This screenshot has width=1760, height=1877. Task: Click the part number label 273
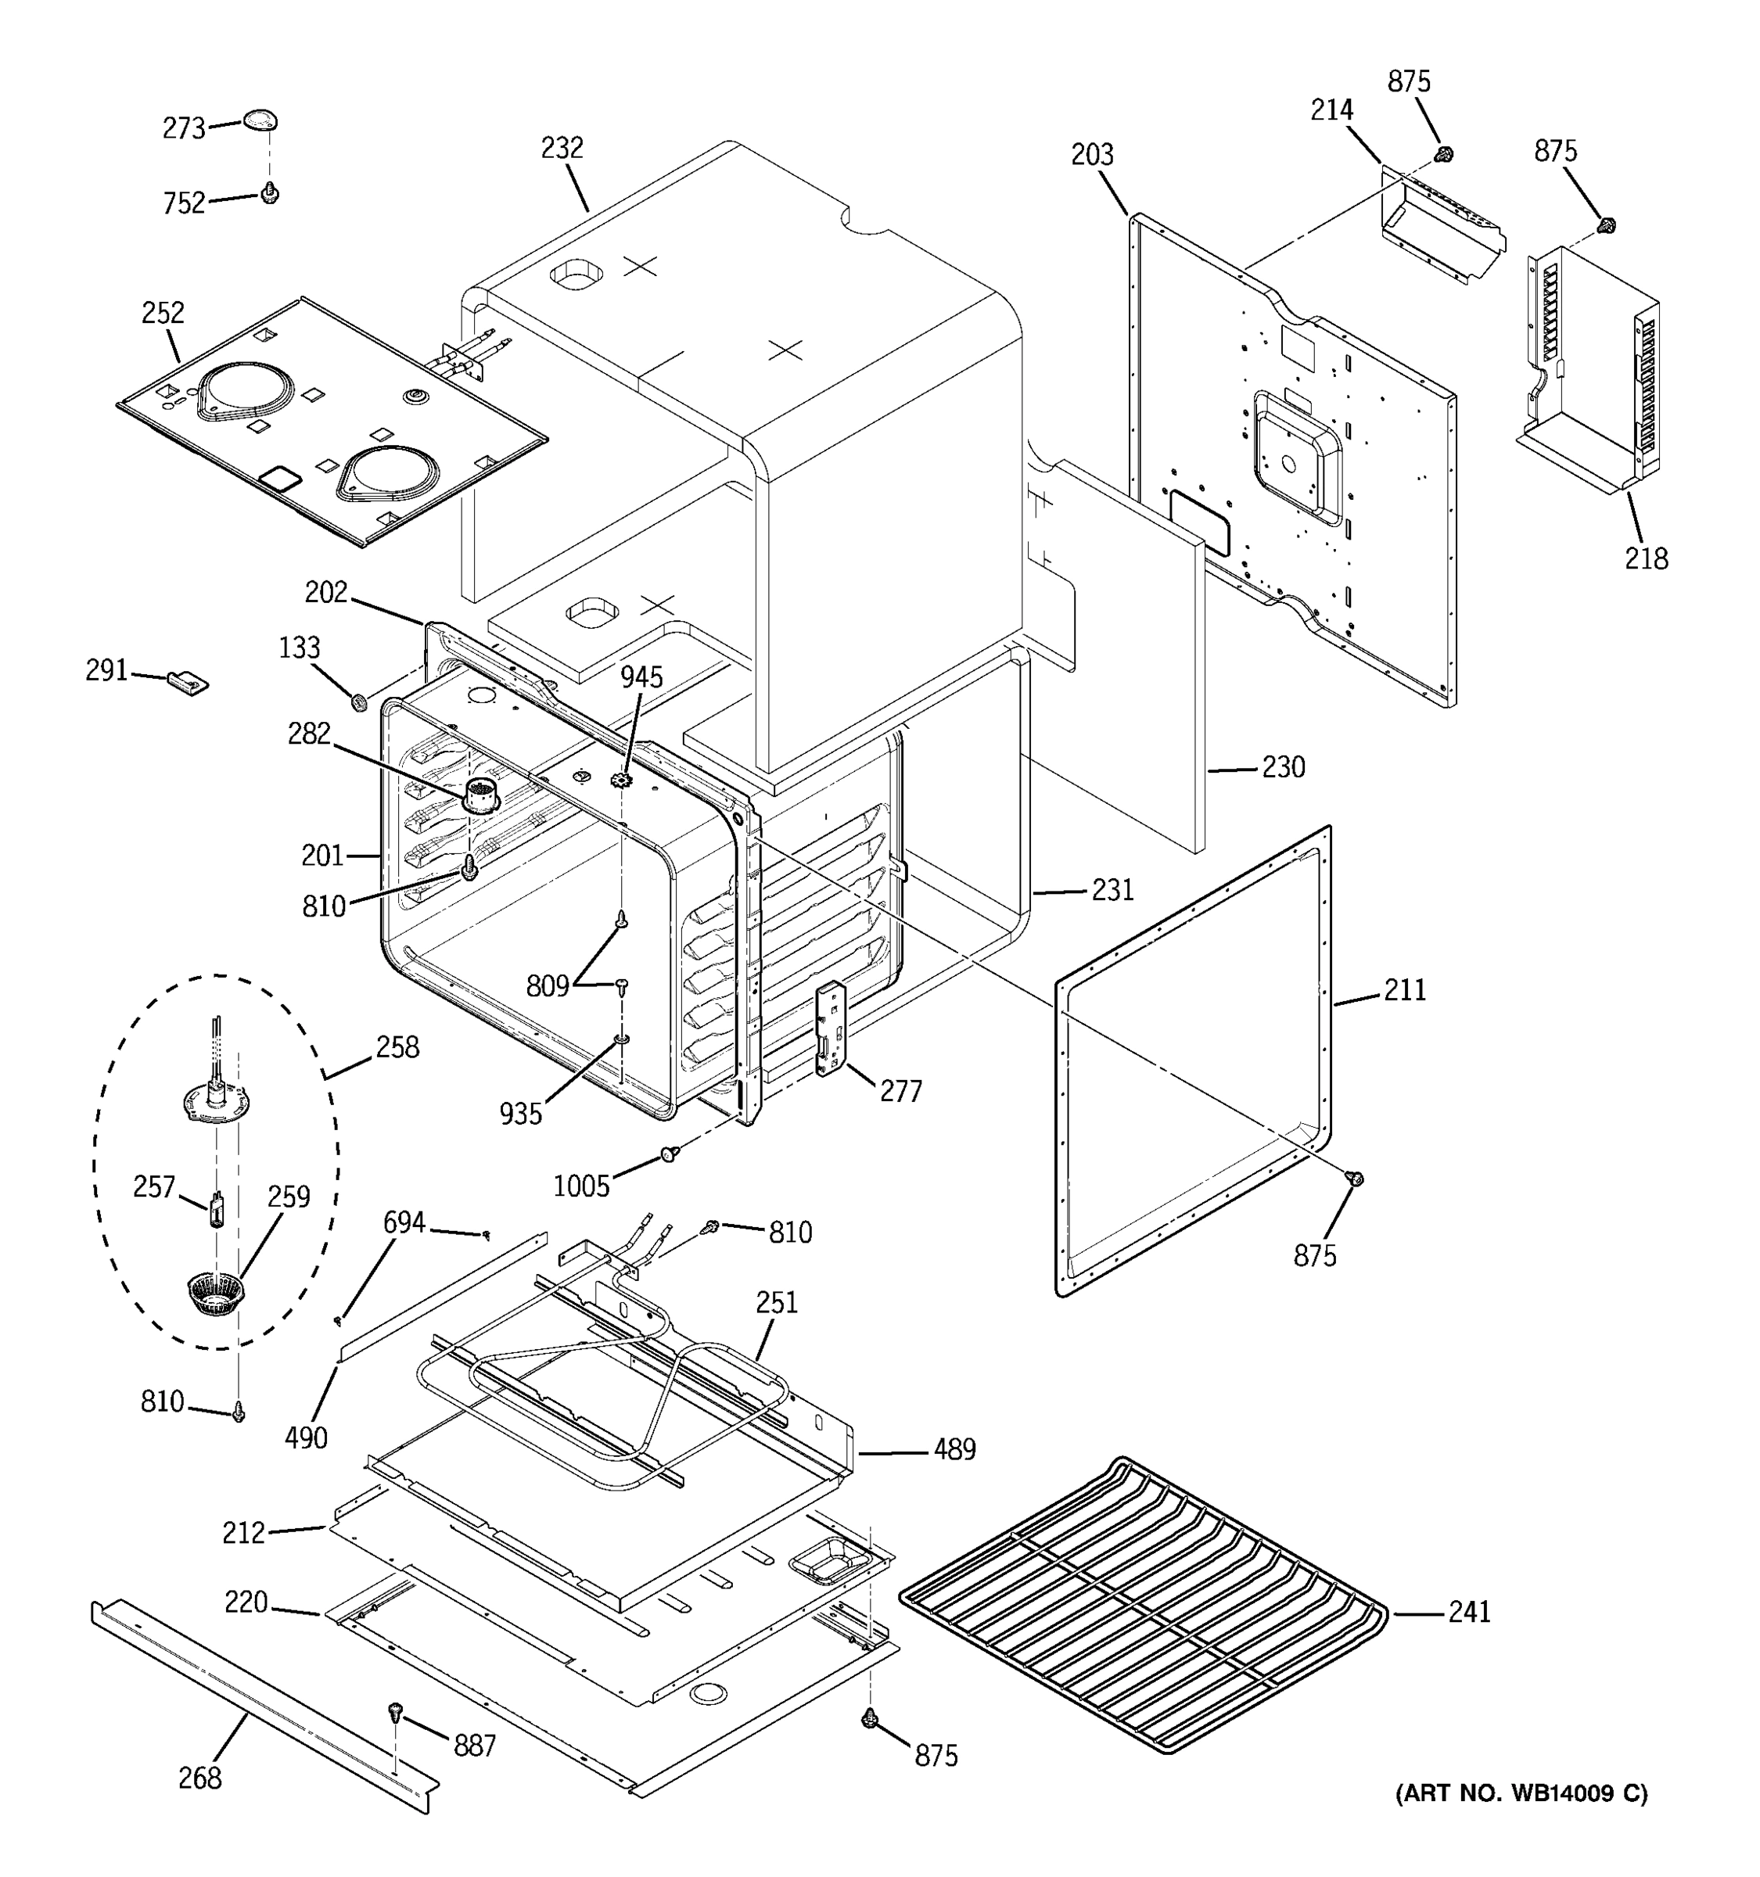[183, 128]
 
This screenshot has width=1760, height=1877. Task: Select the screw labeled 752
[270, 193]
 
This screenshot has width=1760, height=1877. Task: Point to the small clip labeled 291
[188, 682]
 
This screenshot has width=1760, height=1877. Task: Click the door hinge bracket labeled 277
[829, 1028]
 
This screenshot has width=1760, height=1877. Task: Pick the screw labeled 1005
[670, 1154]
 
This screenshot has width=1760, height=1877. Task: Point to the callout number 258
[397, 1047]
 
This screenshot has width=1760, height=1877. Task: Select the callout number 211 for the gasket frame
[1404, 990]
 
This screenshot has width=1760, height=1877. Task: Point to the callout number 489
[954, 1449]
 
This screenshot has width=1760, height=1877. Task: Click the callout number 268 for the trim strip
[200, 1778]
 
